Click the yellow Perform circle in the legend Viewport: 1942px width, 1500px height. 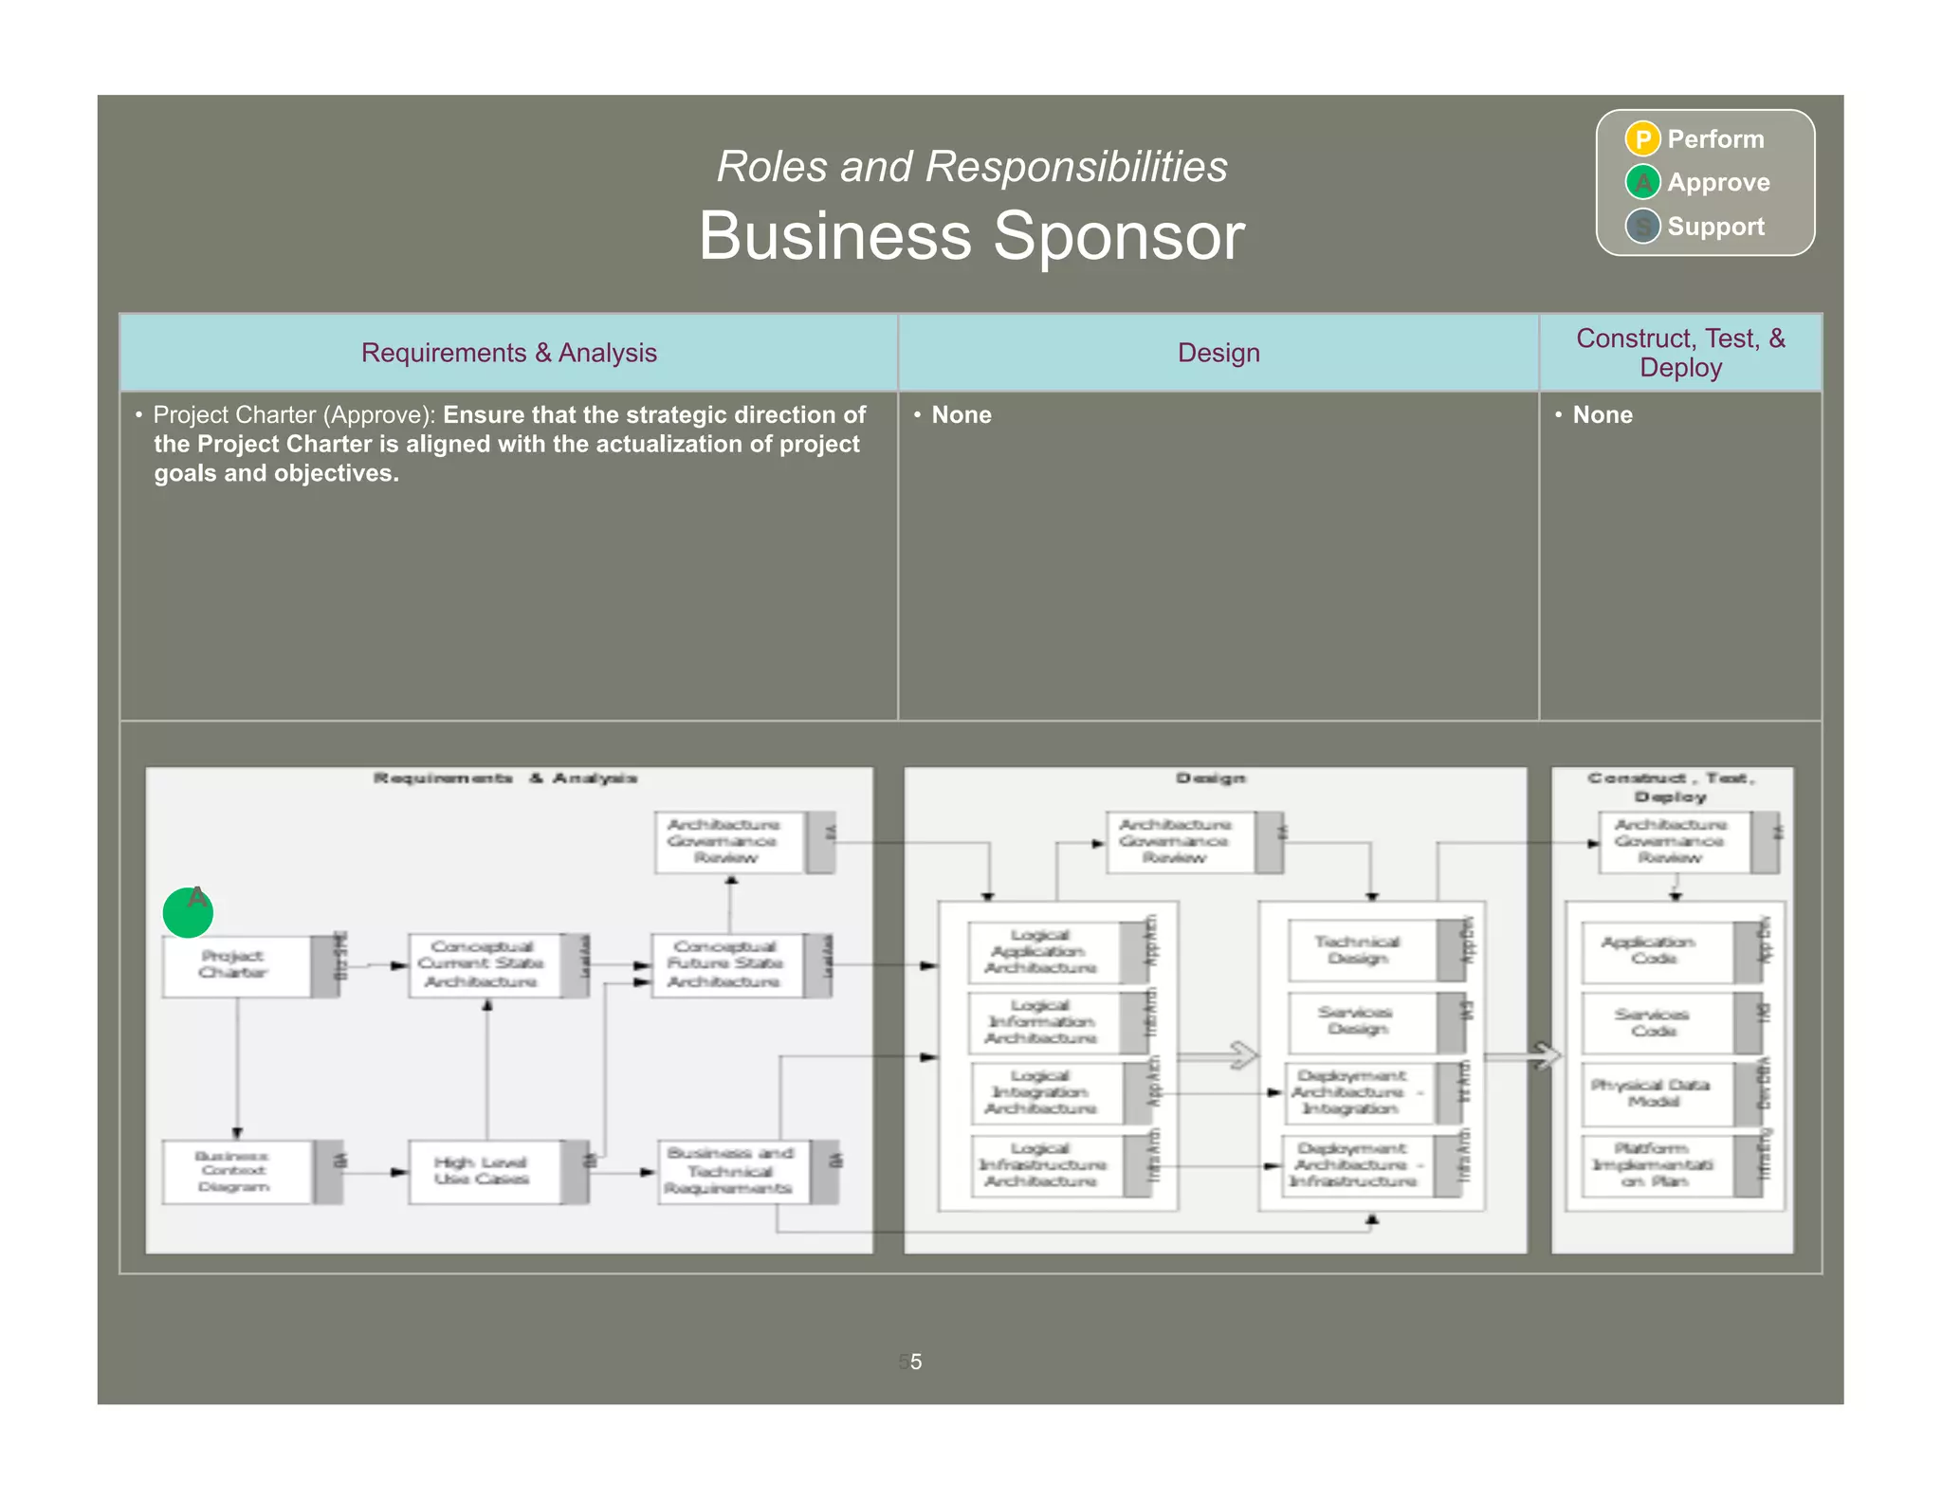click(x=1641, y=139)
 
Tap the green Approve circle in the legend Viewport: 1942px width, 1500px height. click(x=1641, y=182)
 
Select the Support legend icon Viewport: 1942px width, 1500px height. click(x=1641, y=227)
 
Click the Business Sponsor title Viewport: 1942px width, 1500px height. click(x=971, y=236)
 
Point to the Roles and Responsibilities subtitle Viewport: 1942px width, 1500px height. click(x=971, y=167)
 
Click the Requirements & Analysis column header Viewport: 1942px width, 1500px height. click(x=508, y=353)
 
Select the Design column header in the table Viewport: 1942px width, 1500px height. click(x=1218, y=353)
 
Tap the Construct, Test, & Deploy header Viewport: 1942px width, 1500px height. click(x=1679, y=353)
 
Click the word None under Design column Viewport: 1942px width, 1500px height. click(x=961, y=415)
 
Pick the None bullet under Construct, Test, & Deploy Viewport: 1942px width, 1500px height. click(x=1602, y=415)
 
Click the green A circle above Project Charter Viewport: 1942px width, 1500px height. click(x=188, y=912)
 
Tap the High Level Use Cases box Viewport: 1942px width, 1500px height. click(x=484, y=1172)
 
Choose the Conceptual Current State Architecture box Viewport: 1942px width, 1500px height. click(x=484, y=965)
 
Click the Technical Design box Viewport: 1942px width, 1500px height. click(x=1361, y=950)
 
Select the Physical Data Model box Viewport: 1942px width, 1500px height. click(x=1655, y=1093)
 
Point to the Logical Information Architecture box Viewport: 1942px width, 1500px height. click(x=1043, y=1022)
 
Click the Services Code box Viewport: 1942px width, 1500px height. click(x=1655, y=1022)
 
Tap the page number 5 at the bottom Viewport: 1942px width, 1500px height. click(x=915, y=1362)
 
